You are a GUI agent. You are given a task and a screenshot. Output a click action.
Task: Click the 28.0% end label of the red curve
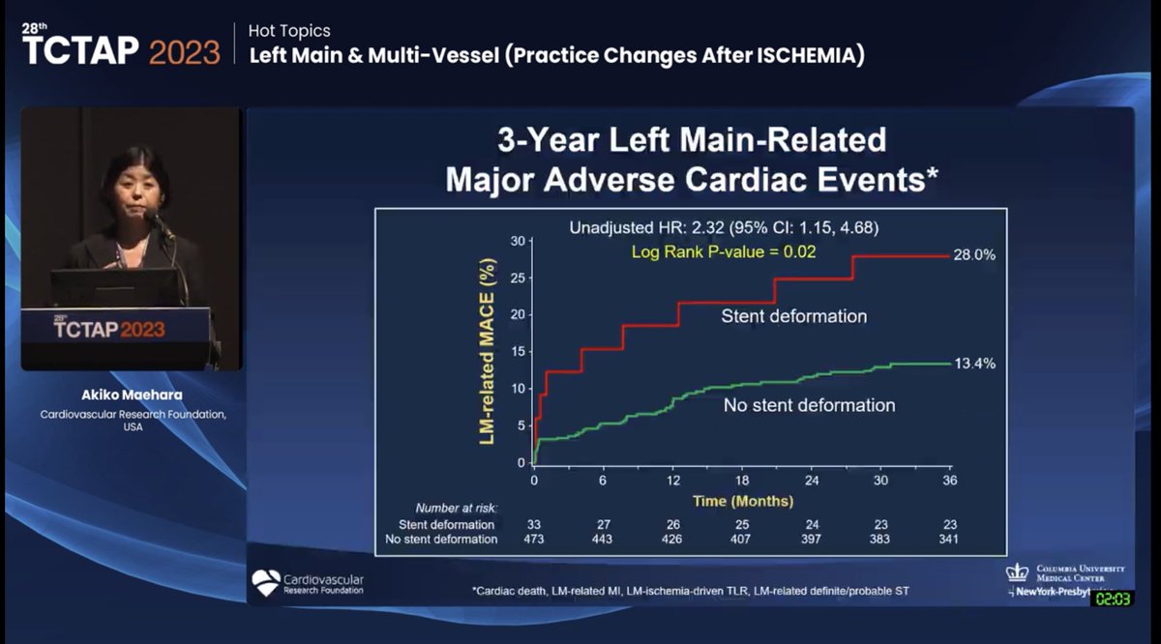pos(975,255)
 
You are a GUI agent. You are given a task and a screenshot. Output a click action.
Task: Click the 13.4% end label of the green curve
pos(975,364)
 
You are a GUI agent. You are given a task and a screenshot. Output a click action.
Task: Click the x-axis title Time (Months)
pos(743,501)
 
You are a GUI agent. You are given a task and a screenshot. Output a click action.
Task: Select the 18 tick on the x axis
pos(743,482)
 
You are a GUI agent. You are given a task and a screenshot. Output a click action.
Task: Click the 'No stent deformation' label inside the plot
pos(809,405)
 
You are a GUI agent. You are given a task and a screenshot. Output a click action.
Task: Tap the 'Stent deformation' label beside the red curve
pos(793,316)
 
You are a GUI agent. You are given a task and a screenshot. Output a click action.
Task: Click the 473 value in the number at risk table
pos(534,539)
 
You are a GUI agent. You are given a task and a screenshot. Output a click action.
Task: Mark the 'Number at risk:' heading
pos(456,508)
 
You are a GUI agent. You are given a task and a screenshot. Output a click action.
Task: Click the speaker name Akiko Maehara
pos(133,395)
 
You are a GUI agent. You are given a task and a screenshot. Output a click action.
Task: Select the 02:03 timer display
pos(1113,599)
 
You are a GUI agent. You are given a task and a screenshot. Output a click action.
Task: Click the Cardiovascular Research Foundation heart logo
pos(265,582)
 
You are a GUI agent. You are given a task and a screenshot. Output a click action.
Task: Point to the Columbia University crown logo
pos(1017,571)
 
